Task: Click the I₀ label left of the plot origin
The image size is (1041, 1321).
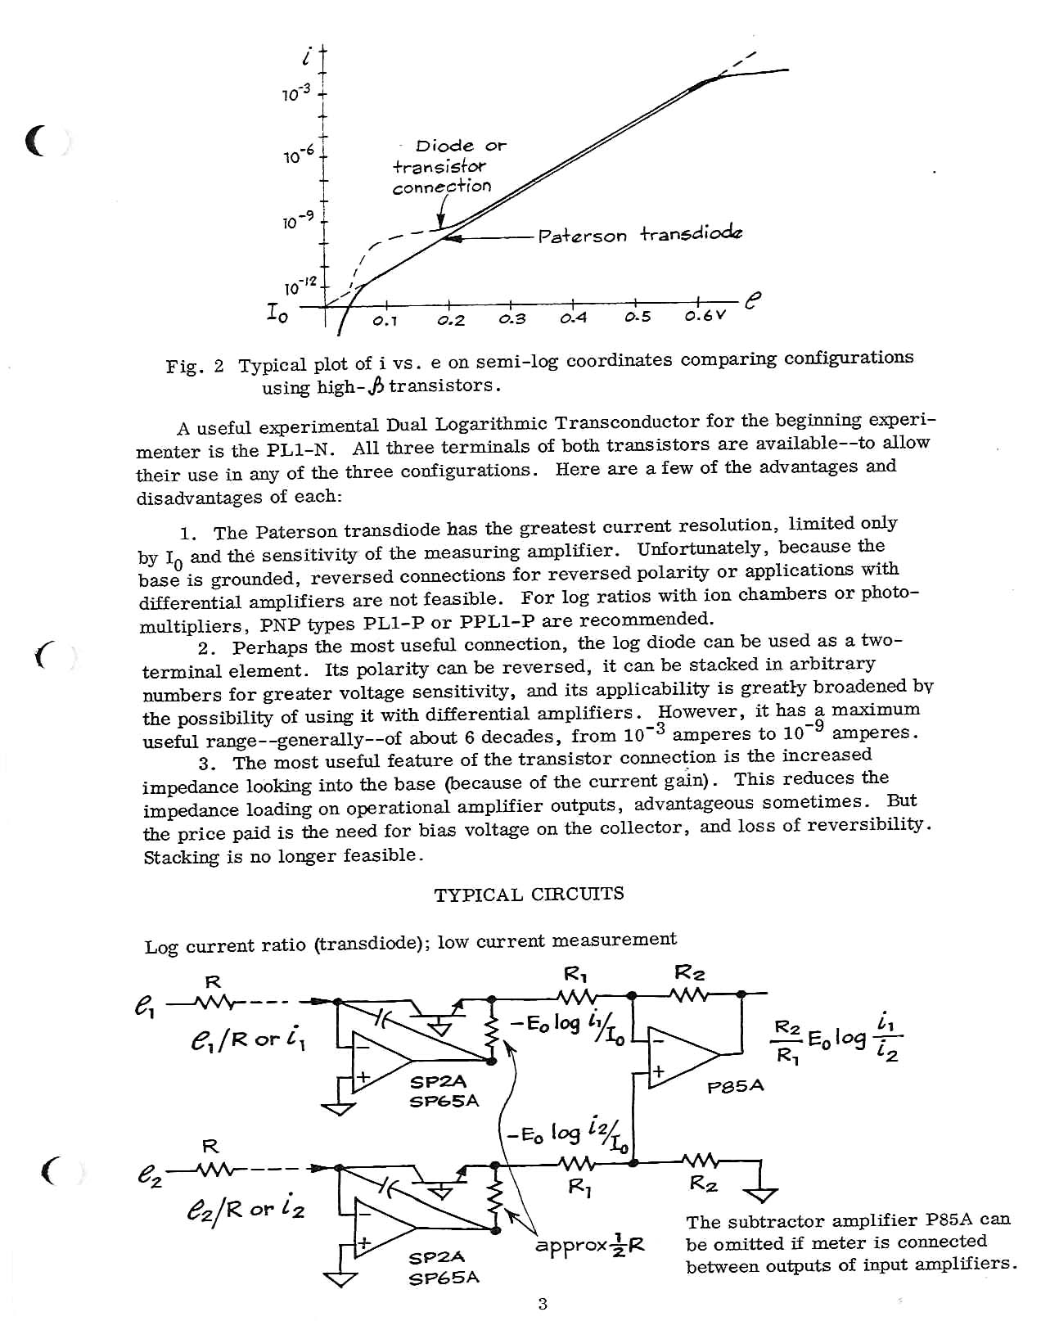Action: tap(276, 312)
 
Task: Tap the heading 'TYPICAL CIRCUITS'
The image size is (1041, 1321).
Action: tap(529, 894)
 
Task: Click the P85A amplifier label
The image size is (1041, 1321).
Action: tap(736, 1086)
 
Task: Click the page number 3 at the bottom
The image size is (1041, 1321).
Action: tap(543, 1304)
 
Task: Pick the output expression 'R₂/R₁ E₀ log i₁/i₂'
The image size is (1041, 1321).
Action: tap(836, 1039)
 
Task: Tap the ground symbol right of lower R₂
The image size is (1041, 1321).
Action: tap(761, 1192)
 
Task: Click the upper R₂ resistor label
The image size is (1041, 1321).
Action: tap(689, 972)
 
